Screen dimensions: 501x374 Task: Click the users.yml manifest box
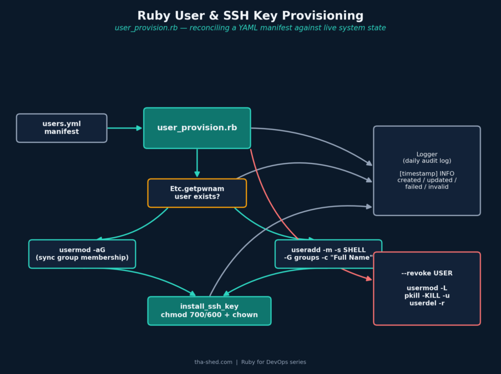click(x=62, y=128)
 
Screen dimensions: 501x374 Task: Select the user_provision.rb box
click(x=197, y=128)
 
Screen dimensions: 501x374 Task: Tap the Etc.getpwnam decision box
click(x=197, y=193)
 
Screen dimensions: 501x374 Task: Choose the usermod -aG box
click(x=82, y=254)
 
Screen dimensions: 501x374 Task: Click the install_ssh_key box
click(x=209, y=311)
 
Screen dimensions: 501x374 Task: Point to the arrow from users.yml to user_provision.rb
click(x=125, y=128)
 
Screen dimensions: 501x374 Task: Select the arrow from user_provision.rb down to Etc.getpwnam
click(x=197, y=163)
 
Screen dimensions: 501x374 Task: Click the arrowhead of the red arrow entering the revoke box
click(x=369, y=279)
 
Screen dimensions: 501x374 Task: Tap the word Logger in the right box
click(x=427, y=154)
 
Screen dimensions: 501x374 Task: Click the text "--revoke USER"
click(x=427, y=273)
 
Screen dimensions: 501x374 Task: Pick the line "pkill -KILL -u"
click(x=427, y=295)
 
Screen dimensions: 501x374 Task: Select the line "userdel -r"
click(x=427, y=303)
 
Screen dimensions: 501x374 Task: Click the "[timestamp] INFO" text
click(x=427, y=173)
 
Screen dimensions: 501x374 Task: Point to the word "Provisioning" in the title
click(x=323, y=16)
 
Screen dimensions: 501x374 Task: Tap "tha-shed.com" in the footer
click(x=213, y=362)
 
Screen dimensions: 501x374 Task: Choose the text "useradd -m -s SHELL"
click(x=328, y=250)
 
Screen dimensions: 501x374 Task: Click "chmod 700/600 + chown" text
click(x=209, y=315)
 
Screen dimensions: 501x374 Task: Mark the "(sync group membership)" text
click(x=82, y=258)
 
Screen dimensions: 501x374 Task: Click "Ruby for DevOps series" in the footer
click(x=274, y=362)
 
